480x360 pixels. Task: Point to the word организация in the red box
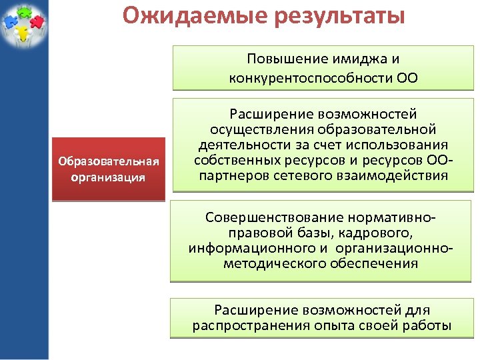pyautogui.click(x=108, y=178)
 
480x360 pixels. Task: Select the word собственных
pyautogui.click(x=230, y=161)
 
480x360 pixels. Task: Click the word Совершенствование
pyautogui.click(x=275, y=218)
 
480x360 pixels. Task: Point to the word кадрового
pyautogui.click(x=379, y=233)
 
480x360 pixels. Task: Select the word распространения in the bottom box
pyautogui.click(x=251, y=325)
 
